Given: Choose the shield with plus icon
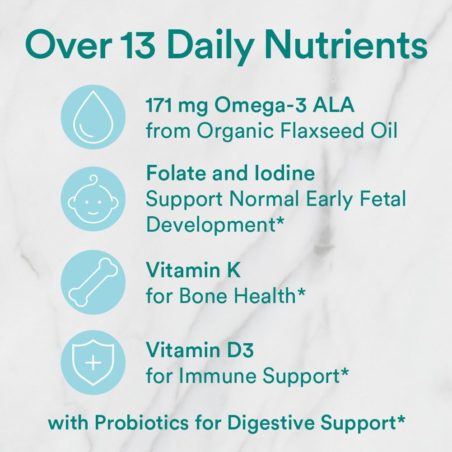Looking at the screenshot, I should coord(93,363).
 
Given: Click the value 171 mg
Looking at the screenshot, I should coord(177,106).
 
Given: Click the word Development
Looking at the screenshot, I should coord(209,224).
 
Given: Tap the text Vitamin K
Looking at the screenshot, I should coord(193,270).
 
